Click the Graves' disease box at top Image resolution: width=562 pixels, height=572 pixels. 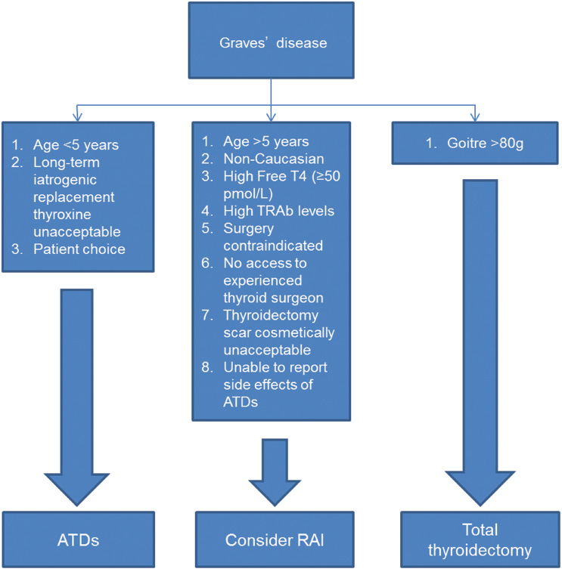273,42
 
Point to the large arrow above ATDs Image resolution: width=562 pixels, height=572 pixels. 78,393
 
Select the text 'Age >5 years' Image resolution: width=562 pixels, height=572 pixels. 265,141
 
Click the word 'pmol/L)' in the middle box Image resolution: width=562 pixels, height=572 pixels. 247,193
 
